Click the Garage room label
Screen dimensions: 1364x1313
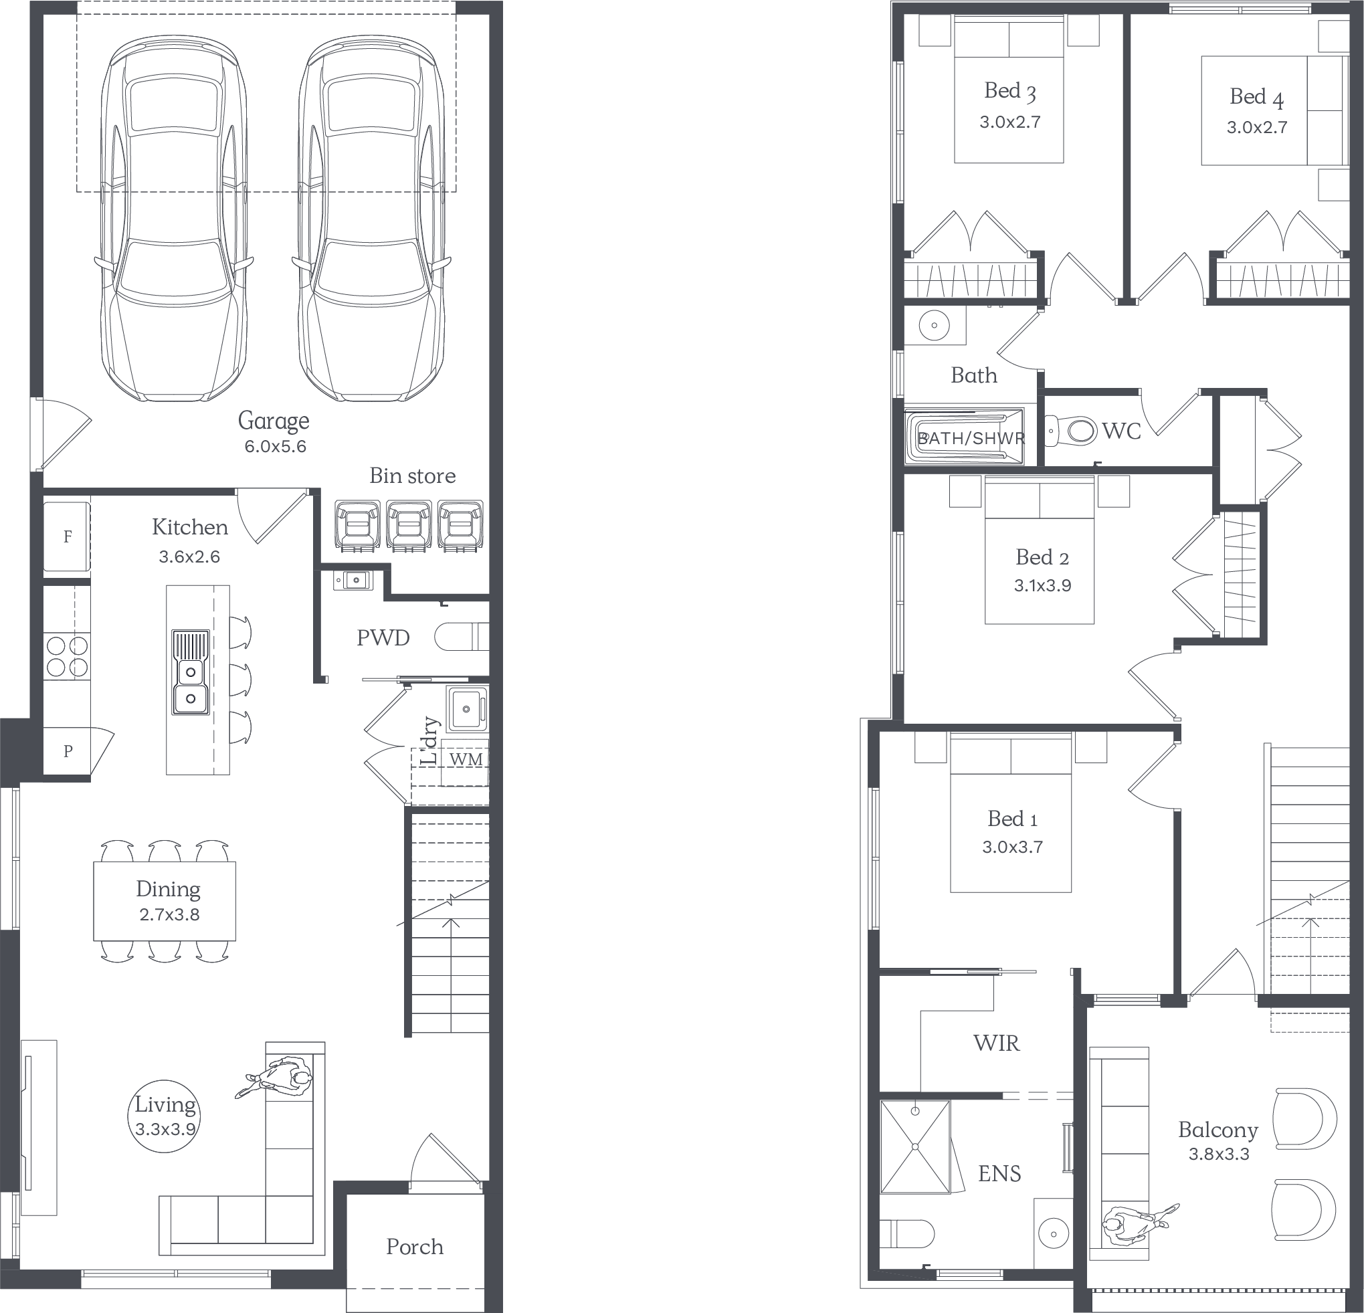click(274, 421)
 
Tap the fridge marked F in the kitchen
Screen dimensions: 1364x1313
click(67, 536)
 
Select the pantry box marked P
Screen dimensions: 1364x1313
click(68, 750)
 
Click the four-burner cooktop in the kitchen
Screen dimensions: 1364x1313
click(68, 657)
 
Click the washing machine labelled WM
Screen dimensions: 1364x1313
click(466, 760)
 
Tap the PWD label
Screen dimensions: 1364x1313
click(383, 637)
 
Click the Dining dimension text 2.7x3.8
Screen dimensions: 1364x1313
click(169, 914)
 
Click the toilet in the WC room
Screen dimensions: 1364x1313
click(1072, 431)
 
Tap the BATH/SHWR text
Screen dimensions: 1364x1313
click(971, 438)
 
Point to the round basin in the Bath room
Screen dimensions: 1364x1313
click(934, 325)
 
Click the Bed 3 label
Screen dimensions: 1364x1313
click(1009, 91)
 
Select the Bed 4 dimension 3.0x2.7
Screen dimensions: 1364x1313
click(1257, 127)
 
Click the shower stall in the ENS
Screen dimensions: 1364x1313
click(915, 1146)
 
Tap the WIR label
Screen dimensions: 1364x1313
click(997, 1042)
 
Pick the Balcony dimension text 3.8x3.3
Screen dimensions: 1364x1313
click(1219, 1154)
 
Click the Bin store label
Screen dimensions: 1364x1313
click(413, 476)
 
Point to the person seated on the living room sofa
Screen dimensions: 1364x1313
click(278, 1079)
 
